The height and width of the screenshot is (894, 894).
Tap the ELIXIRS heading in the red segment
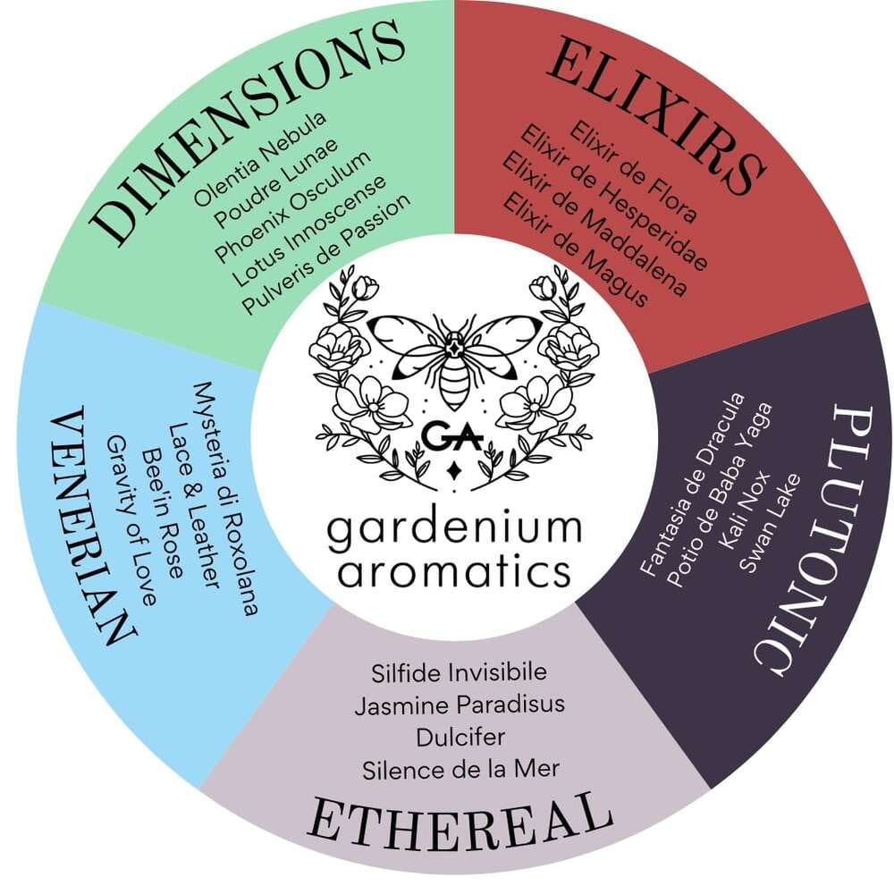coord(655,115)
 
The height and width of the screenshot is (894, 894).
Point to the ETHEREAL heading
coord(460,825)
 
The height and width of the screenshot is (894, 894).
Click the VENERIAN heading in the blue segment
coord(94,526)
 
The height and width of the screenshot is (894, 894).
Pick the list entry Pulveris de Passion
coord(326,255)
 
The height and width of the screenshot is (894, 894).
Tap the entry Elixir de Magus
coord(575,250)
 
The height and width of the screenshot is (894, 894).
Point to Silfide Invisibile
coord(459,673)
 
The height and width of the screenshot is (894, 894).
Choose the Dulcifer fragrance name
coord(460,738)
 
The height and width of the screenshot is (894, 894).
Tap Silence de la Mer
coord(460,770)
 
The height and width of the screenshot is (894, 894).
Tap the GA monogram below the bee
coord(453,435)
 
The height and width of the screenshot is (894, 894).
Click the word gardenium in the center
coord(454,530)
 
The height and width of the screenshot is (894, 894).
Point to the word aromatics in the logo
coord(454,571)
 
